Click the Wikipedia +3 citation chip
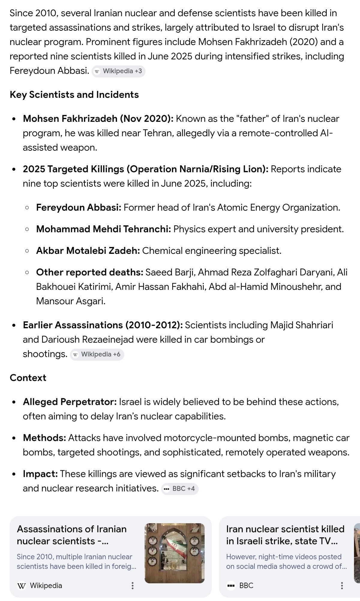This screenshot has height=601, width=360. (x=118, y=71)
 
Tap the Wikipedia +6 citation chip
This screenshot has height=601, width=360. (x=97, y=354)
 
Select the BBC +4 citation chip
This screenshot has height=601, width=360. (x=180, y=489)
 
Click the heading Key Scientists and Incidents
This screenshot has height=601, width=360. (x=74, y=95)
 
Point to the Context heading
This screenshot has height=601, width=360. (x=28, y=378)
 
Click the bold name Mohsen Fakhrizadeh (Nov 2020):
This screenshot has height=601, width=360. (x=98, y=119)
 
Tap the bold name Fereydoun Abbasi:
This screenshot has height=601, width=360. (x=79, y=208)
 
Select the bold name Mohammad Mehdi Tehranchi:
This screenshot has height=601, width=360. (x=103, y=229)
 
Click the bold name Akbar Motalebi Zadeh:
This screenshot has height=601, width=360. (x=88, y=251)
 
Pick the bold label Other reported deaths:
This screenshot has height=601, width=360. (x=89, y=272)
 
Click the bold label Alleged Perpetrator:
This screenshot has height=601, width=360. (x=70, y=402)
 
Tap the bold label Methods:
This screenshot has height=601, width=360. (x=44, y=438)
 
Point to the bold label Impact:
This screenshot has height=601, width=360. (x=40, y=474)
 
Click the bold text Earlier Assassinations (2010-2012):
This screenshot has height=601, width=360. (x=103, y=325)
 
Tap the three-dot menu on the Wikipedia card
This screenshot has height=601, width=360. (x=133, y=585)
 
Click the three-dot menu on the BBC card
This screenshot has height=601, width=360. (x=342, y=585)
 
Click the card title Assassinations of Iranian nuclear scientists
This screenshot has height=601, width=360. (x=72, y=535)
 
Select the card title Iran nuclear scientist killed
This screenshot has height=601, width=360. (x=285, y=535)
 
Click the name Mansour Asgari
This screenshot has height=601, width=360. (x=70, y=301)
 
